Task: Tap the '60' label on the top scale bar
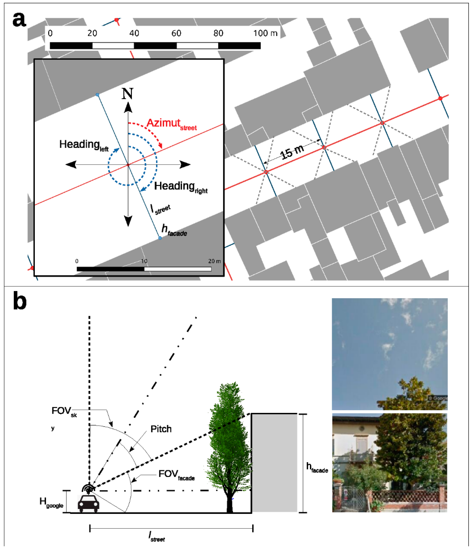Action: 176,33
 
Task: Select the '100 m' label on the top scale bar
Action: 265,33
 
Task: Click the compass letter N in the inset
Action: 127,94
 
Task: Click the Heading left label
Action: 83,145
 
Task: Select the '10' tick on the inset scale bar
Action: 144,261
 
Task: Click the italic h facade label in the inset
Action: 174,230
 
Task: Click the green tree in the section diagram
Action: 229,443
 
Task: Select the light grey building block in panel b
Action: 275,463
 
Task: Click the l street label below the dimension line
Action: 157,536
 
